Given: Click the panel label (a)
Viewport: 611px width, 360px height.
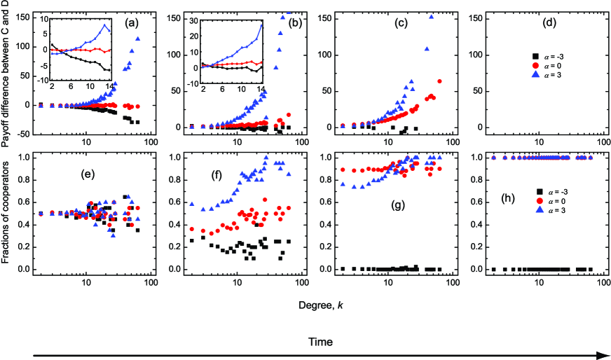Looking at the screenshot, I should pyautogui.click(x=130, y=23).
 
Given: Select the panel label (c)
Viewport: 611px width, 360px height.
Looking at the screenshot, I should pyautogui.click(x=405, y=23).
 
